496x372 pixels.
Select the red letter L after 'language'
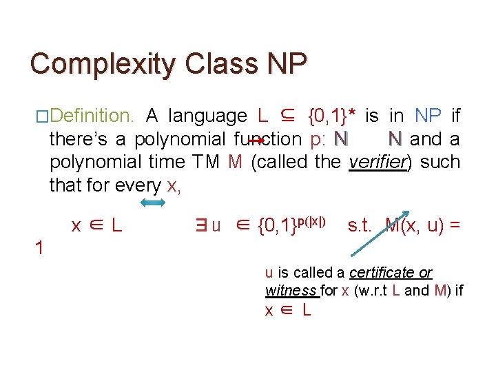click(x=262, y=116)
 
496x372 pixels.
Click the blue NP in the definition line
click(x=428, y=116)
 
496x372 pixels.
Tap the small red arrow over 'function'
click(x=256, y=140)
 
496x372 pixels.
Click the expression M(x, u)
click(x=414, y=225)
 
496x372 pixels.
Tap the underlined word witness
click(x=291, y=291)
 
